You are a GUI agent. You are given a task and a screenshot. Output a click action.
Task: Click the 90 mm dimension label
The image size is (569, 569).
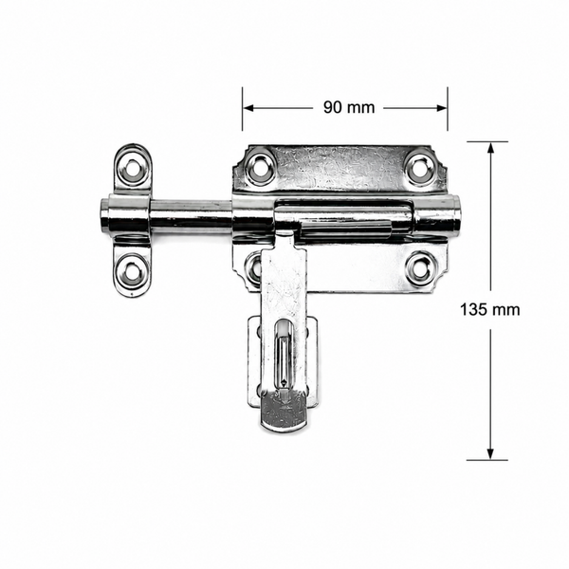pos(349,107)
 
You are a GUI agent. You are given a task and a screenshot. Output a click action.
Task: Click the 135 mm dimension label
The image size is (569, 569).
pos(490,310)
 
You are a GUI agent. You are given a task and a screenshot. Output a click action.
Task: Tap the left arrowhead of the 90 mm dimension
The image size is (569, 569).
pos(248,108)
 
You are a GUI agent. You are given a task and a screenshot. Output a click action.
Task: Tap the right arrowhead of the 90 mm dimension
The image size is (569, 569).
pos(442,108)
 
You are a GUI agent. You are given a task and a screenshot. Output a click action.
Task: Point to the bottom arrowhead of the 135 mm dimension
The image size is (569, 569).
pos(490,454)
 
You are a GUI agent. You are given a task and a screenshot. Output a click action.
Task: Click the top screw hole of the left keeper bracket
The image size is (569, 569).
pos(133,168)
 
